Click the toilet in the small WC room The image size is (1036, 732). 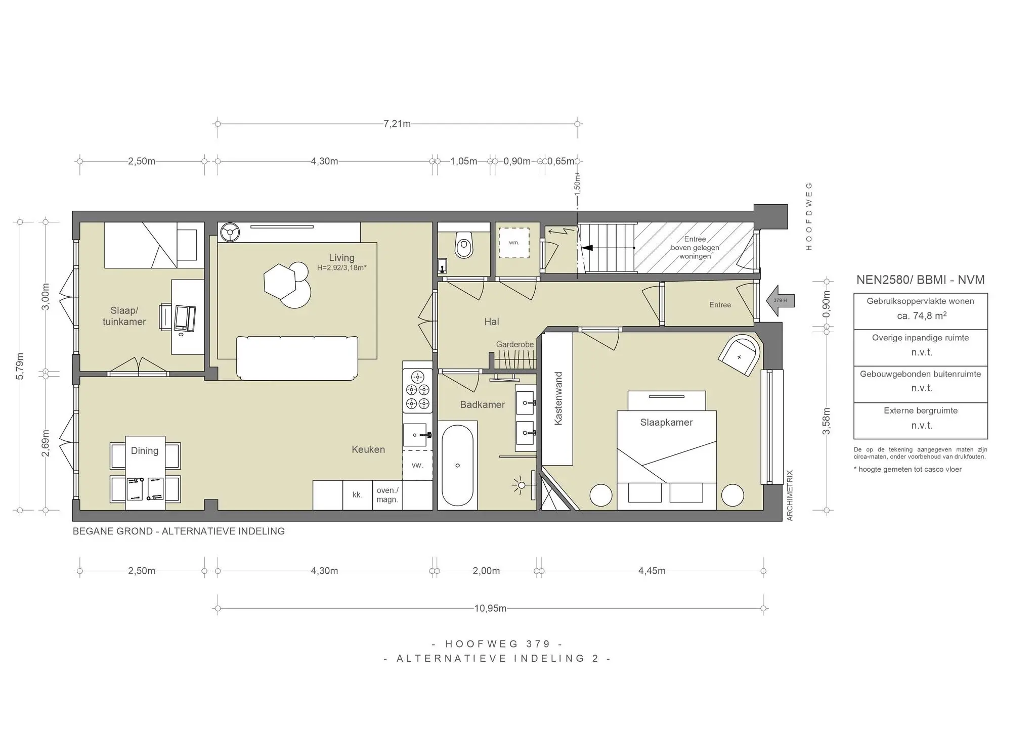click(463, 245)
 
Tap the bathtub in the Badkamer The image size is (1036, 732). click(457, 465)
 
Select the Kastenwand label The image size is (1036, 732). click(558, 399)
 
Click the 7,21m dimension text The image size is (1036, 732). click(397, 124)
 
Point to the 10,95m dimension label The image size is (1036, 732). click(490, 608)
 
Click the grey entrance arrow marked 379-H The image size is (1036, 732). click(781, 301)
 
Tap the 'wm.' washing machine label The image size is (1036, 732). click(514, 243)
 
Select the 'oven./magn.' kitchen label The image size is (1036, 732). click(387, 495)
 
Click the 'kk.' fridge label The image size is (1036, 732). click(358, 495)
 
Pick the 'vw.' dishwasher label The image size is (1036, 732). click(417, 465)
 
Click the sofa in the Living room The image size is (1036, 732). click(297, 358)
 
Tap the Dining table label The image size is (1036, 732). click(145, 450)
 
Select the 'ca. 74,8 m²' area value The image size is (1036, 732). click(921, 316)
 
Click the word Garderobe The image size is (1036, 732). click(515, 344)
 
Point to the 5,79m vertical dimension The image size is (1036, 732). click(20, 366)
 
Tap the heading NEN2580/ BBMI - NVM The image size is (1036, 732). click(921, 280)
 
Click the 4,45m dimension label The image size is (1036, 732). click(652, 571)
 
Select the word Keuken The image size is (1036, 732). click(368, 449)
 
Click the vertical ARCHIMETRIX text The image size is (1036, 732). click(790, 495)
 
